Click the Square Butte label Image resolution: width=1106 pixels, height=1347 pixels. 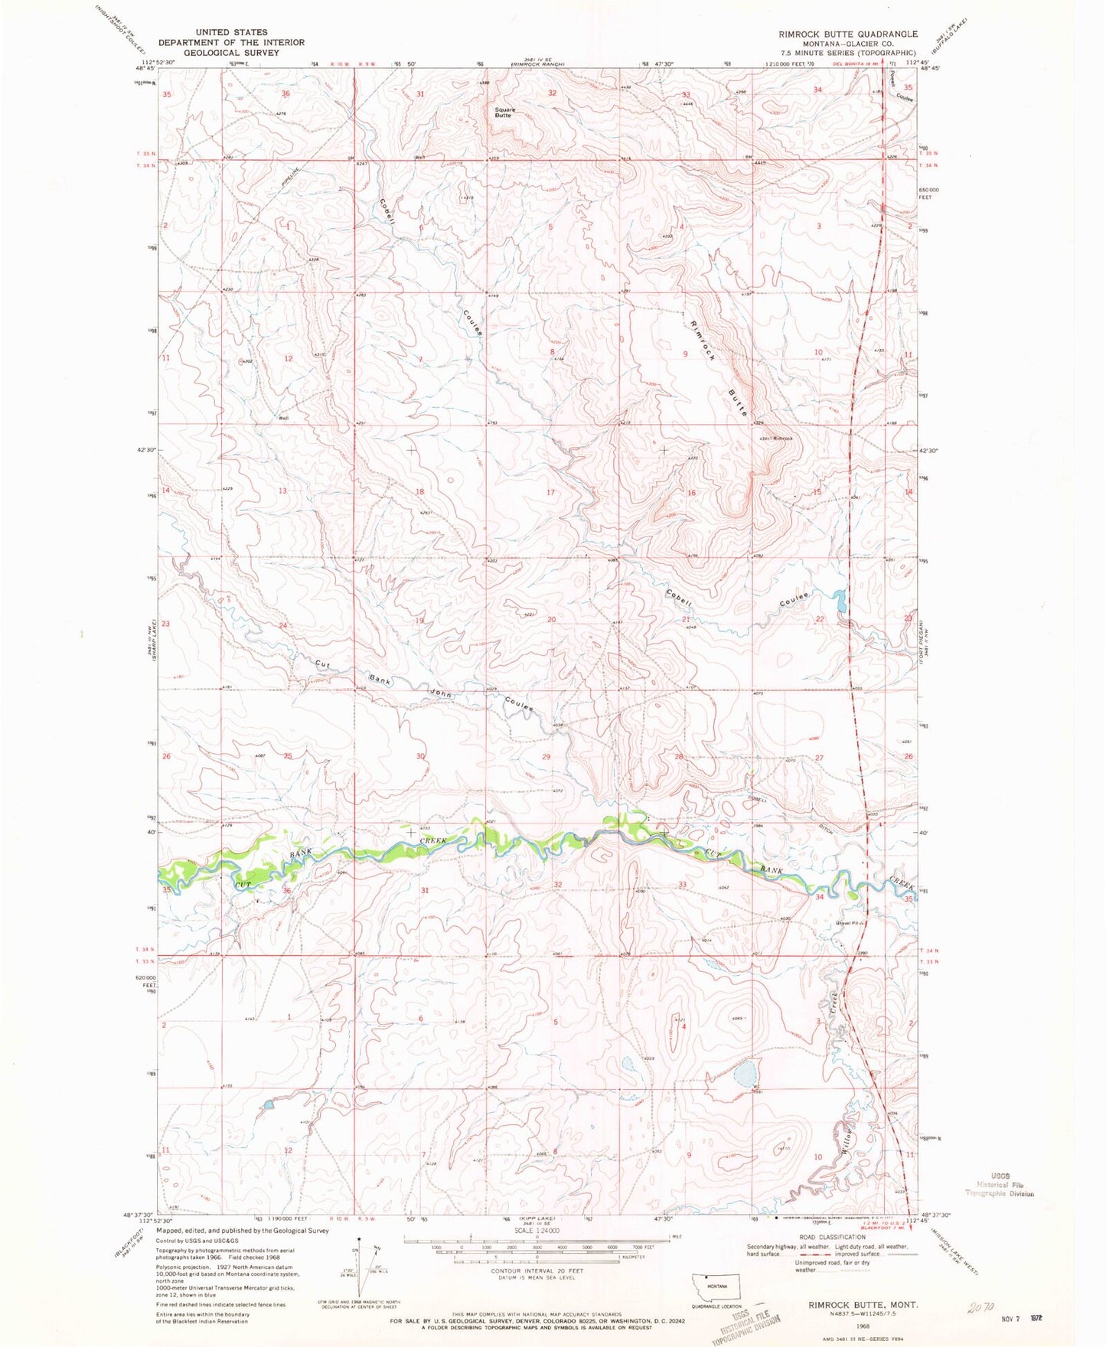pos(504,112)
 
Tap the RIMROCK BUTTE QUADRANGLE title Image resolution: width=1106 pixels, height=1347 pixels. pos(837,34)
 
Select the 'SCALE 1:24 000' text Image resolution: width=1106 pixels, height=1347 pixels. pos(536,1231)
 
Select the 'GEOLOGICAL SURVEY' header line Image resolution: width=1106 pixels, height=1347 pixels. pos(231,53)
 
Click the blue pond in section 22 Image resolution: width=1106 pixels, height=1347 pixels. pos(840,601)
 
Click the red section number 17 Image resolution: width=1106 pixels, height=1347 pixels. pos(550,492)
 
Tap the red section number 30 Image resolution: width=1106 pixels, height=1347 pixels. pos(419,756)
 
